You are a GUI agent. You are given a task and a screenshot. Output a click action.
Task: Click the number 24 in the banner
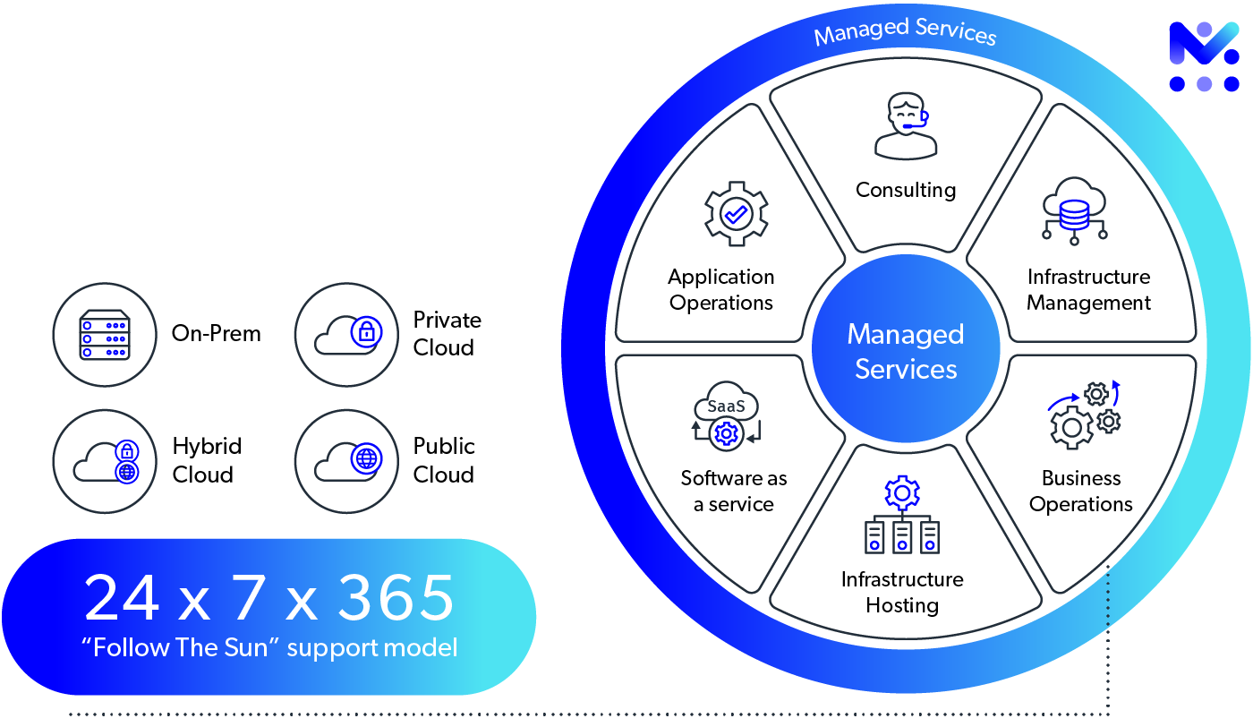(122, 599)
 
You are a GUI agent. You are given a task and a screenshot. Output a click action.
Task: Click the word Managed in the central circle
(906, 335)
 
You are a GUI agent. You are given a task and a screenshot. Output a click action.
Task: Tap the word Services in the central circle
(906, 369)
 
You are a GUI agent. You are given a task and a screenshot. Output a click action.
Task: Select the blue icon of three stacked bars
(105, 338)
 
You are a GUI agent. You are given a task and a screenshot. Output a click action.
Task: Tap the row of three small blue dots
(903, 545)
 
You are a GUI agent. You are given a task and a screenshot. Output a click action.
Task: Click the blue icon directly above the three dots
(903, 495)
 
